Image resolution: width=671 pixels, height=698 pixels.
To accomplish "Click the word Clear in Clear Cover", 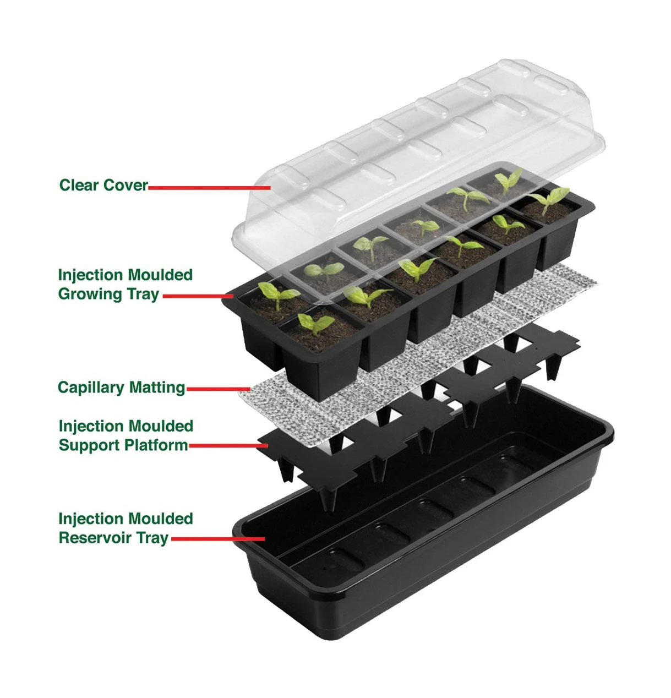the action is point(79,185).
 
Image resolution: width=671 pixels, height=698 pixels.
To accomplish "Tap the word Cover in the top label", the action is point(125,185).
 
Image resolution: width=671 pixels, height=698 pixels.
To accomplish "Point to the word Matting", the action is point(157,388).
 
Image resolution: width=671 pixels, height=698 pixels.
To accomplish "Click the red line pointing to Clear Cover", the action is point(209,188).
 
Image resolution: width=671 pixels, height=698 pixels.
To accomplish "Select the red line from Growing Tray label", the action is point(198,296).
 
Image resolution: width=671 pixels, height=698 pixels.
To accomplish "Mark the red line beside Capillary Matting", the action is point(219,389).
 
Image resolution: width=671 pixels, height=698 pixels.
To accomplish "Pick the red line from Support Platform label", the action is point(228,446).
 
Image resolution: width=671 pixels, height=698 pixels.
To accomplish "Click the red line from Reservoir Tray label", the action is point(218,539).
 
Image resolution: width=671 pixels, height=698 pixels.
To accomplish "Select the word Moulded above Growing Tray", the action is point(160,275).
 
